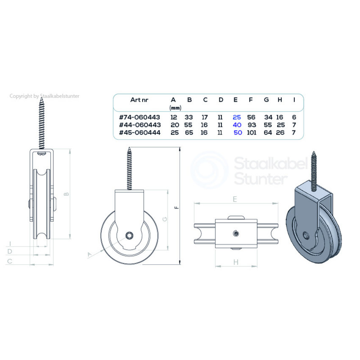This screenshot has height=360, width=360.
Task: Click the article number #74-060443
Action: (139, 116)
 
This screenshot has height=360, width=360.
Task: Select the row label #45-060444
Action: (139, 132)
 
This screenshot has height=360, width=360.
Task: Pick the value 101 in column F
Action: (251, 132)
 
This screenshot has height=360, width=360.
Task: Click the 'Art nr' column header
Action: (139, 100)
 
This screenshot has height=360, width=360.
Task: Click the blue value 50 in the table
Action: (238, 132)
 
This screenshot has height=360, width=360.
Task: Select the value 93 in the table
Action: (251, 125)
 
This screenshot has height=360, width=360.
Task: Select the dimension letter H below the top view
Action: (236, 263)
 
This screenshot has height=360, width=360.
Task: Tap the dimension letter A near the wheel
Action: (89, 254)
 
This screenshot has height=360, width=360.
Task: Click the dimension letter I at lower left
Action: (9, 244)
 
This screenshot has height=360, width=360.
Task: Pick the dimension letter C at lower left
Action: (9, 261)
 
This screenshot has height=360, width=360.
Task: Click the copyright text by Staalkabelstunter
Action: (44, 96)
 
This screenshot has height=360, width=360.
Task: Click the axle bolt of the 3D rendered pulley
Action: (306, 235)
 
